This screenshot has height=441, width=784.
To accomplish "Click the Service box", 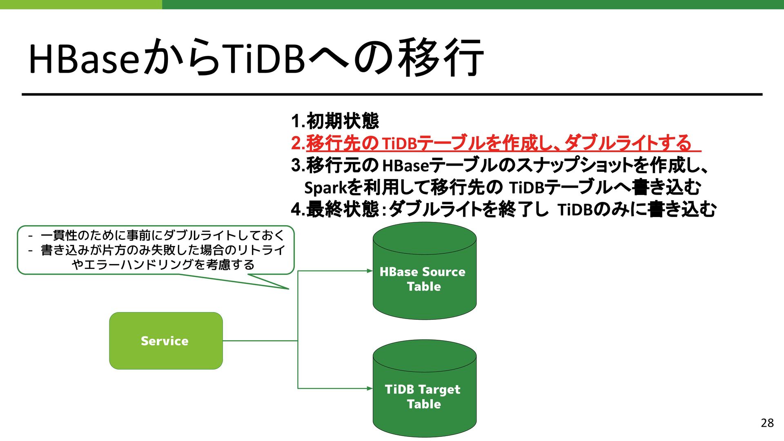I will (166, 341).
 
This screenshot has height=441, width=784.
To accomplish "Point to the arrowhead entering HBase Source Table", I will (370, 271).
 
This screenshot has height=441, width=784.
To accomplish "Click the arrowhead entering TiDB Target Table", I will (370, 388).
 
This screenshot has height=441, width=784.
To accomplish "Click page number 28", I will (767, 423).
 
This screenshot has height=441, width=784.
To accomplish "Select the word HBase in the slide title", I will (84, 59).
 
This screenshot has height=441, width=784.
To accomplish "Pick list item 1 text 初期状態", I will (343, 121).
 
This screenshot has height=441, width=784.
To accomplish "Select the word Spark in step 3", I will (325, 188).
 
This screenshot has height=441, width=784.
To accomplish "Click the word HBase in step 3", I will (405, 166).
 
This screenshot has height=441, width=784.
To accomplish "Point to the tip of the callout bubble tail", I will (288, 289).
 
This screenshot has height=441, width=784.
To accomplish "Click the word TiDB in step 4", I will (575, 210).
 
